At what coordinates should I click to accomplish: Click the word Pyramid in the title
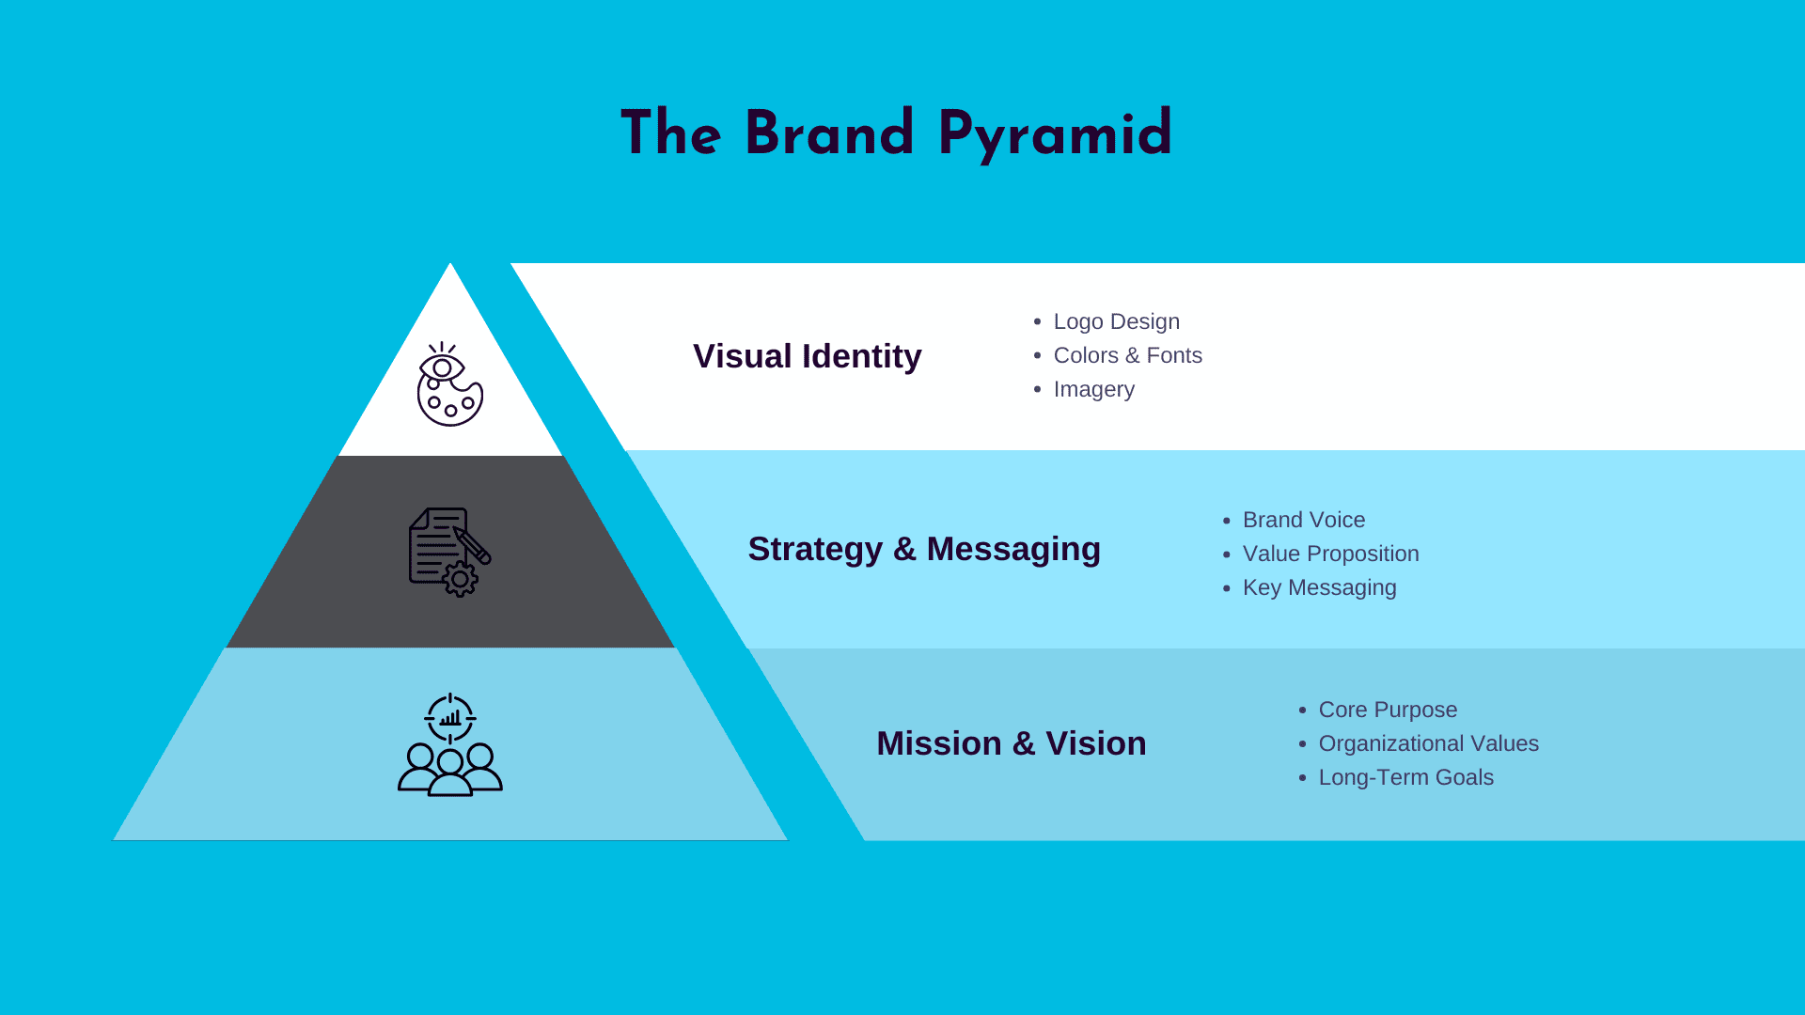pyautogui.click(x=1055, y=134)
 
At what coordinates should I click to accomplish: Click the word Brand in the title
pyautogui.click(x=829, y=133)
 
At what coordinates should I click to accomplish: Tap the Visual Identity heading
pyautogui.click(x=807, y=356)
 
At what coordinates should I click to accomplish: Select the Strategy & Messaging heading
pyautogui.click(x=923, y=549)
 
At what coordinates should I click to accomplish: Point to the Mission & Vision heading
pyautogui.click(x=1011, y=743)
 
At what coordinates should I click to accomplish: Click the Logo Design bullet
pyautogui.click(x=1116, y=321)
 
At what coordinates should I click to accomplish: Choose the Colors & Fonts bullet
pyautogui.click(x=1127, y=355)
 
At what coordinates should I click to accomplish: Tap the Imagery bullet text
pyautogui.click(x=1093, y=389)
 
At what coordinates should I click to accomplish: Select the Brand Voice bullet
pyautogui.click(x=1303, y=520)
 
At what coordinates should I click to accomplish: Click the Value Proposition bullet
pyautogui.click(x=1330, y=554)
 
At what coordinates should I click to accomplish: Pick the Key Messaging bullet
pyautogui.click(x=1319, y=587)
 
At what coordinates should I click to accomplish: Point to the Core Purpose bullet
pyautogui.click(x=1388, y=710)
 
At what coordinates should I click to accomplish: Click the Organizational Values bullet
pyautogui.click(x=1428, y=743)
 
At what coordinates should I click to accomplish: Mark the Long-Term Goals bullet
pyautogui.click(x=1405, y=777)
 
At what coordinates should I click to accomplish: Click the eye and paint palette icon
pyautogui.click(x=450, y=384)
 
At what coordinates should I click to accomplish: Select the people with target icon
pyautogui.click(x=450, y=745)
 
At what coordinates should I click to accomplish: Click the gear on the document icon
pyautogui.click(x=461, y=580)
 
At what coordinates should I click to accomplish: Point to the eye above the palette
pyautogui.click(x=442, y=367)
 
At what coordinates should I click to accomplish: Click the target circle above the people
pyautogui.click(x=450, y=719)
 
